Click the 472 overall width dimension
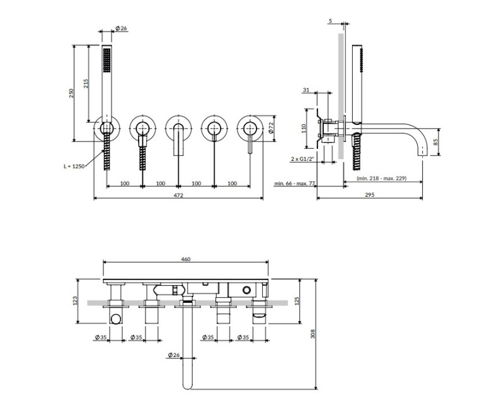pos(178,195)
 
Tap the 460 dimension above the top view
pos(186,259)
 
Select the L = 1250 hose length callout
pos(74,167)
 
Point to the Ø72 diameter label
pos(271,128)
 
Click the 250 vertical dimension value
pos(71,93)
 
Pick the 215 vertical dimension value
pos(86,84)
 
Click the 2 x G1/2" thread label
pos(302,159)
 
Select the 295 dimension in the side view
pos(370,195)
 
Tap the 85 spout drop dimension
pos(436,141)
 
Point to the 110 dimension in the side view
pos(304,129)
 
